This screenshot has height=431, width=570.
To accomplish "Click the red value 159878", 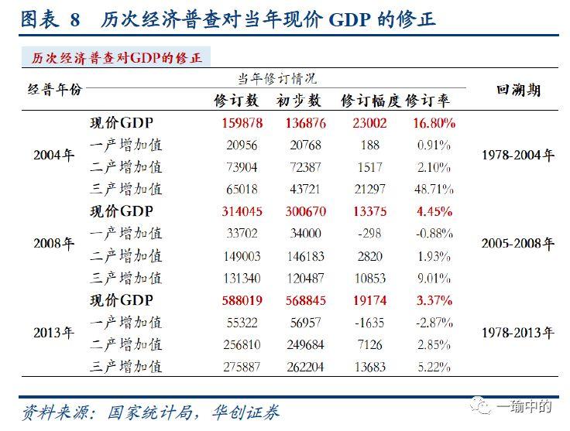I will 242,123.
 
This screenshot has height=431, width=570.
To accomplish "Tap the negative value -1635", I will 370,322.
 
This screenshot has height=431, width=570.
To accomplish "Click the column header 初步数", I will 298,101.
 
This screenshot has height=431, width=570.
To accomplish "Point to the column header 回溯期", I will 518,91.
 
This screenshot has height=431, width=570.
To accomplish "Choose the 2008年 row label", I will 54,244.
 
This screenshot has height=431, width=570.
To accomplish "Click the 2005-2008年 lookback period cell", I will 518,244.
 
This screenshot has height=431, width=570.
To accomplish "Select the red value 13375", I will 370,212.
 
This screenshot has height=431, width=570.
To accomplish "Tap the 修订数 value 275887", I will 242,366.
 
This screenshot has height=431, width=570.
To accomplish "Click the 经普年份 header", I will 54,91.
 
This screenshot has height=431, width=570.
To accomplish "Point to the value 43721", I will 299,189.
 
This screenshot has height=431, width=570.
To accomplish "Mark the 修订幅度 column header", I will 370,101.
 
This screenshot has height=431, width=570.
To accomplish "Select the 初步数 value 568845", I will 299,300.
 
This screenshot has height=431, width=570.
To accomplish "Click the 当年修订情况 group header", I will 276,79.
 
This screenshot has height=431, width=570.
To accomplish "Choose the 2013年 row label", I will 54,333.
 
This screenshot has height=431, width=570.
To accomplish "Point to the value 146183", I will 299,256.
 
